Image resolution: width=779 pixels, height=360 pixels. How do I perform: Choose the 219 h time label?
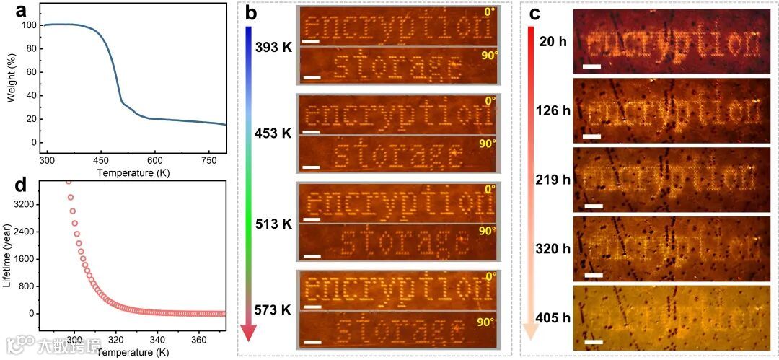click(550, 179)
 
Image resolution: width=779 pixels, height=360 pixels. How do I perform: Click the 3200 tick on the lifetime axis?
click(25, 205)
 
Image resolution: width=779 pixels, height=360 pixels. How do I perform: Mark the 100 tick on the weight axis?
click(30, 25)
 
